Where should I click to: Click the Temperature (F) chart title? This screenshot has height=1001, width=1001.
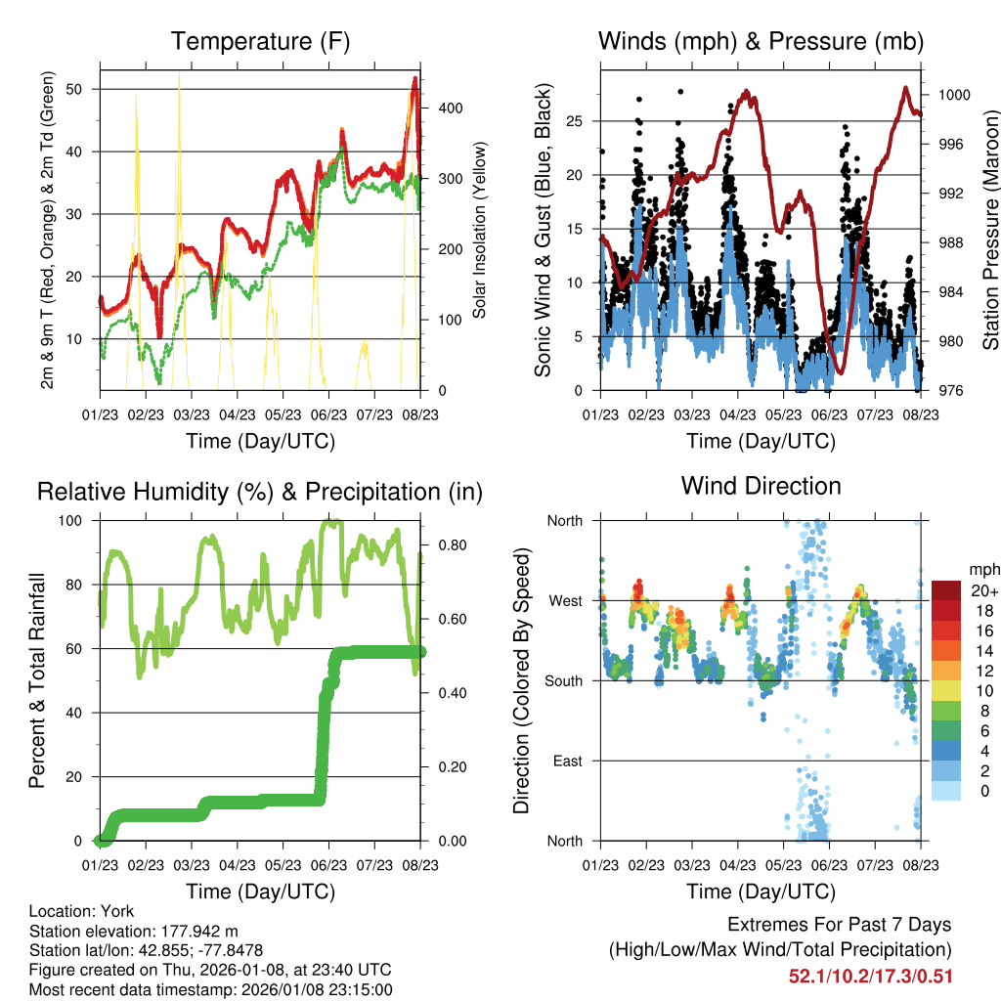pos(260,41)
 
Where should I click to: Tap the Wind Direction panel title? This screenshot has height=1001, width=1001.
pos(761,485)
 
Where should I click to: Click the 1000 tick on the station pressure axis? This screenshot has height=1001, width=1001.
pos(953,95)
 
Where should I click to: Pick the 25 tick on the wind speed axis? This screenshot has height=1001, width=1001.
pos(582,121)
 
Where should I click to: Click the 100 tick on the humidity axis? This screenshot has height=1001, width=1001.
pos(78,520)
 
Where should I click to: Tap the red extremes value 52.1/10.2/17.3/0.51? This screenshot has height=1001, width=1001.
pos(870,976)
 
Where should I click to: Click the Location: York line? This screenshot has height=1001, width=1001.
pos(82,911)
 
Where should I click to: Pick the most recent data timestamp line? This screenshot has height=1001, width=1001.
pos(210,989)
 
